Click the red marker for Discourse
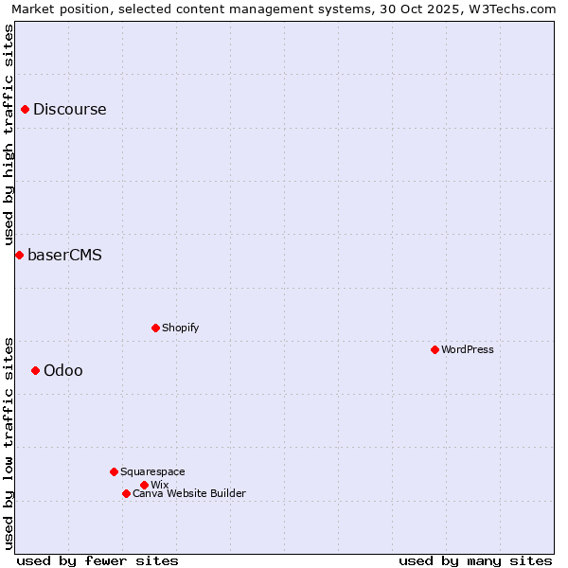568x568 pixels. tap(25, 109)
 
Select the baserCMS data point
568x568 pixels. tap(19, 255)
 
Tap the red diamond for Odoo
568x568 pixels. tap(35, 370)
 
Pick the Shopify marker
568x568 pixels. tap(155, 328)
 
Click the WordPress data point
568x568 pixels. tap(435, 349)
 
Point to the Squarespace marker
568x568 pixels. tap(114, 471)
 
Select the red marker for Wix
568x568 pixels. tap(144, 485)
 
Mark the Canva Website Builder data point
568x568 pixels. tap(126, 493)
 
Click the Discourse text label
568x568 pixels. tap(70, 109)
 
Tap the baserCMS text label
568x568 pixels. tap(64, 255)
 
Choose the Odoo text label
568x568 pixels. tap(63, 370)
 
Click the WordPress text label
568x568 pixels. tap(468, 349)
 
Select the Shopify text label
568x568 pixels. tap(181, 328)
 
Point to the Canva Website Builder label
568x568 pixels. tap(189, 493)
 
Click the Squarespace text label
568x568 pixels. tap(153, 471)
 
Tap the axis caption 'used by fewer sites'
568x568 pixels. tap(98, 560)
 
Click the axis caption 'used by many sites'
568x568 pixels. tap(475, 560)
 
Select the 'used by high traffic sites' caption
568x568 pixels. tap(9, 134)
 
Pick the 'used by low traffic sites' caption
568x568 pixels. tap(9, 442)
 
